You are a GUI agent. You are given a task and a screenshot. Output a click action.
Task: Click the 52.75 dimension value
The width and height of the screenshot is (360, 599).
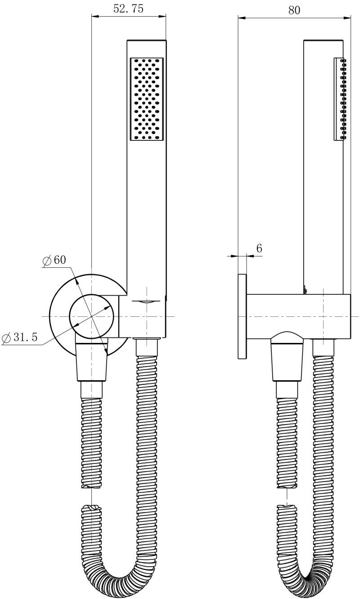tap(128, 9)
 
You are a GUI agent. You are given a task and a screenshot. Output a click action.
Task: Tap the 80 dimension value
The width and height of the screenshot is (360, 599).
tap(294, 10)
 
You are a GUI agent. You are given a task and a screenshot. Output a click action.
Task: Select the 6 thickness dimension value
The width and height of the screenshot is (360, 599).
tap(259, 248)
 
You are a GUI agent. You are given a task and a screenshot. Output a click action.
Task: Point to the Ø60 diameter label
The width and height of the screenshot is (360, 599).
tap(54, 260)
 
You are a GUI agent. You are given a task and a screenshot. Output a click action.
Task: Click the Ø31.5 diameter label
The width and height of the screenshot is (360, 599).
tap(19, 338)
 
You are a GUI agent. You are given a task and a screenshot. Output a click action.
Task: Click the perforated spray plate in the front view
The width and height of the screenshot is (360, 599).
tap(147, 99)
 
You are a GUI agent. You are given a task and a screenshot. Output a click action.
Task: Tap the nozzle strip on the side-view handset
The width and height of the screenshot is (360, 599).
tap(340, 99)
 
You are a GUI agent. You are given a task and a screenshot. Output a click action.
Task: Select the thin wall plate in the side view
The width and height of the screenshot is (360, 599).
tap(242, 316)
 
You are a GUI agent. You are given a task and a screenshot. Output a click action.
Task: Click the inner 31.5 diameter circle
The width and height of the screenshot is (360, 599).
tap(91, 317)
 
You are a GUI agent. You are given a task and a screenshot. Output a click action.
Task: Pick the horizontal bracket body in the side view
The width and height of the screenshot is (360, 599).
tap(298, 316)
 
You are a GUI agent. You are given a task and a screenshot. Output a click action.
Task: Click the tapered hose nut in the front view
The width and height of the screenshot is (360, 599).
tap(91, 362)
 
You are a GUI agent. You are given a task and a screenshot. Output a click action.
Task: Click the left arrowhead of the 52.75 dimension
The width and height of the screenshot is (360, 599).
tap(95, 16)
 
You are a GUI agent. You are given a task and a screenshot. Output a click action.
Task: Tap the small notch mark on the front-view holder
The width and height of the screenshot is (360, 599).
tap(146, 302)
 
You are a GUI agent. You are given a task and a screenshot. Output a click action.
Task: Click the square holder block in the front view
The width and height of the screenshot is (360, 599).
tap(142, 316)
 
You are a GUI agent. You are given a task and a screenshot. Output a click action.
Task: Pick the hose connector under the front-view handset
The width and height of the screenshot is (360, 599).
tap(147, 347)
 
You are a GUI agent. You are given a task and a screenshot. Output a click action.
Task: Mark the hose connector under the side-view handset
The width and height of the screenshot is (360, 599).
tap(324, 347)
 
